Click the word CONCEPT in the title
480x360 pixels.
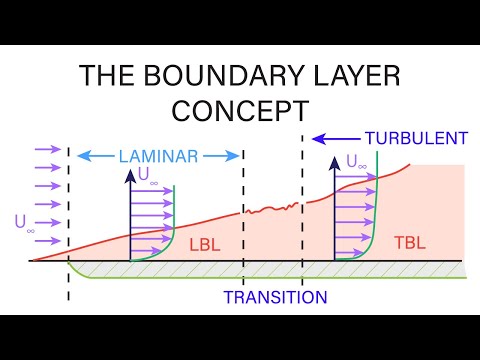click(240, 107)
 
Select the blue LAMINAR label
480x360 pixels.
click(157, 156)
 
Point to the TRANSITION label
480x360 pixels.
click(275, 297)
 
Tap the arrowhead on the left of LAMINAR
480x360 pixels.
click(81, 156)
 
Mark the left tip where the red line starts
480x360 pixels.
click(30, 261)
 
